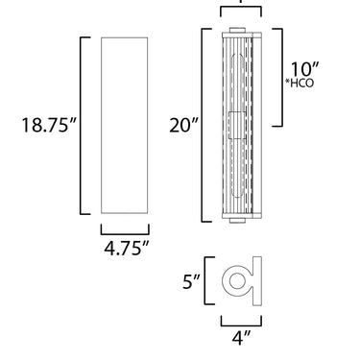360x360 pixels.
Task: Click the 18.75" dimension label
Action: point(49,125)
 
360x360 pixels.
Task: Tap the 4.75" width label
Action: point(127,248)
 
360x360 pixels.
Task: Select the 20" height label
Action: point(184,125)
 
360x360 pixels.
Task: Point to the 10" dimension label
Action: point(304,69)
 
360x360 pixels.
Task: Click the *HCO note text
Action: point(300,83)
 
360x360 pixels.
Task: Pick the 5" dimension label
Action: point(191,282)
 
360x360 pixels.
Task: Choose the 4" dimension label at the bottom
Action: point(242,338)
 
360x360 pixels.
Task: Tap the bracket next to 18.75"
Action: point(81,126)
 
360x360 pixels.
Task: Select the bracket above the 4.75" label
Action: point(125,234)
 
